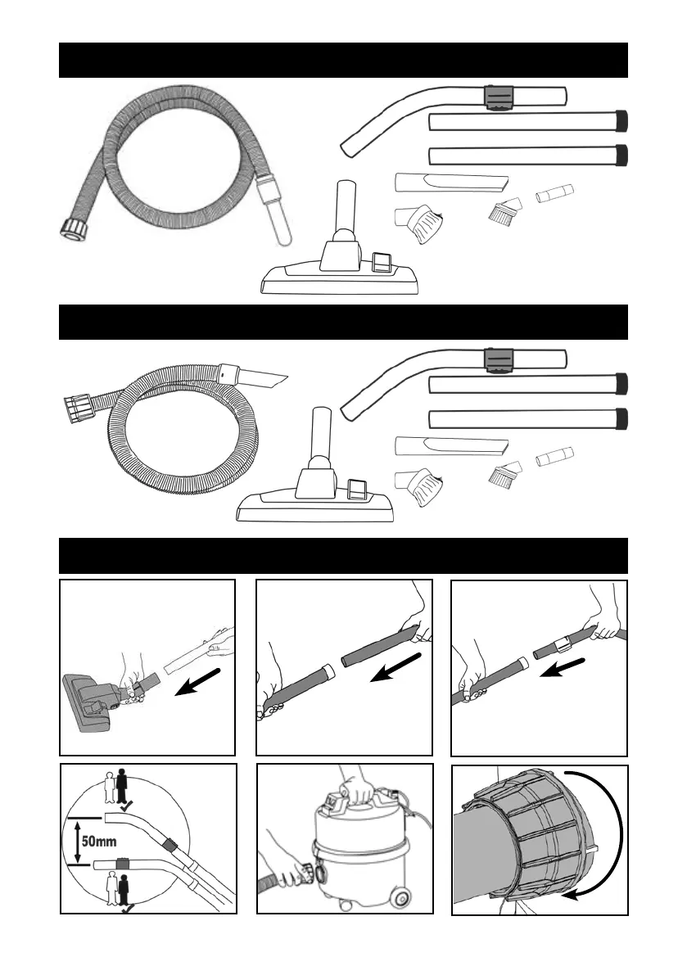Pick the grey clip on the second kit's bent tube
click(x=498, y=359)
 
